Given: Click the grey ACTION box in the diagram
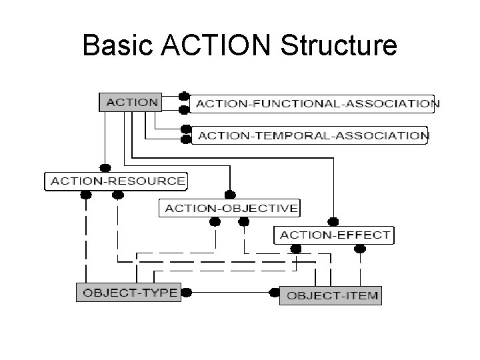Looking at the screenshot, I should coord(132,103).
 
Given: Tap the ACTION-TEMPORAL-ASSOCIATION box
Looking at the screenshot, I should coord(311,135).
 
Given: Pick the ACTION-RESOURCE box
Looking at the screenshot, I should coord(116,181).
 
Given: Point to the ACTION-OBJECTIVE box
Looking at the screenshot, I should coord(231,208).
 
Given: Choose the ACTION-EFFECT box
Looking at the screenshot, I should coord(335,235).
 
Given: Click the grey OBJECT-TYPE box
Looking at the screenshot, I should coord(127,292).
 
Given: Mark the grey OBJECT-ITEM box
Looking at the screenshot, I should coord(331,295).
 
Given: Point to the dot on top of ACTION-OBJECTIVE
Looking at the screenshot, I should coord(229,195).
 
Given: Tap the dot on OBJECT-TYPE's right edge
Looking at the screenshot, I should coord(186,292).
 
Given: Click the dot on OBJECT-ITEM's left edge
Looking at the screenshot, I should coord(274,293).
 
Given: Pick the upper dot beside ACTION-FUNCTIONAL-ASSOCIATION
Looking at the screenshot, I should coord(185,97).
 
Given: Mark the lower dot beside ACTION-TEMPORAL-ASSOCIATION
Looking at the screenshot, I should coord(185,140).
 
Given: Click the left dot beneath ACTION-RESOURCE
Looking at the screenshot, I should coord(85,195).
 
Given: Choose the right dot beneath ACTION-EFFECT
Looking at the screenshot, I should coord(360,249).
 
